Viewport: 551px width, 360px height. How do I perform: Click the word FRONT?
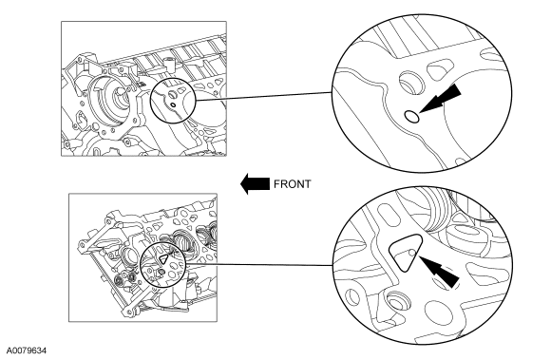point(292,184)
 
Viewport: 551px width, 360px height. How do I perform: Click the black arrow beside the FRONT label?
point(255,183)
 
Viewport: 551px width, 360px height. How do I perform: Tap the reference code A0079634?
point(27,351)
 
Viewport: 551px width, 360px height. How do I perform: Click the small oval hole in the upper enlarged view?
point(412,116)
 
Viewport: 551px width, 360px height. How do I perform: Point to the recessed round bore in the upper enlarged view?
point(412,83)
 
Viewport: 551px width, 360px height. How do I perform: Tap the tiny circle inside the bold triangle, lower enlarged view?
point(412,253)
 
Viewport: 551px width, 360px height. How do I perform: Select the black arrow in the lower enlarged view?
point(439,272)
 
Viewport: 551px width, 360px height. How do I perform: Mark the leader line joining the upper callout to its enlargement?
point(264,96)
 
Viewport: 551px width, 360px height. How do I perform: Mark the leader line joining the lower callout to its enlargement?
point(259,264)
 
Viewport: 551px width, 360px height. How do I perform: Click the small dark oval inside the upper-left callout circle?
point(173,105)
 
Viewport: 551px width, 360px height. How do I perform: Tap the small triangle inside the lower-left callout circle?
point(163,259)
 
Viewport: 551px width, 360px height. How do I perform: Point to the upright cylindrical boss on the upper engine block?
point(169,63)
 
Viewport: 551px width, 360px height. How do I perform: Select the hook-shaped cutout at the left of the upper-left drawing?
point(81,119)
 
